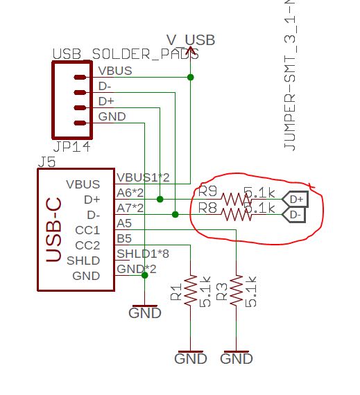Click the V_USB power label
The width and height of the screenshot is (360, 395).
[191, 40]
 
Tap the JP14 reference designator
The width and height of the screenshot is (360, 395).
[71, 148]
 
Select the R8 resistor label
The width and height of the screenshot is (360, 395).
[207, 207]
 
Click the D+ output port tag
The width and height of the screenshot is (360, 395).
[297, 200]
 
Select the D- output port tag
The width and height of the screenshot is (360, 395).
[297, 215]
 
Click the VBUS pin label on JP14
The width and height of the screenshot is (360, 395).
[114, 71]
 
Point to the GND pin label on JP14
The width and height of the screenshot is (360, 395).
[112, 116]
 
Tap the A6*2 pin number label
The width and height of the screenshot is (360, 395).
[130, 193]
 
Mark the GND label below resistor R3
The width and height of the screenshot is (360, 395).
[236, 359]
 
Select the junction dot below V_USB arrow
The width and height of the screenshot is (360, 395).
[191, 78]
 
